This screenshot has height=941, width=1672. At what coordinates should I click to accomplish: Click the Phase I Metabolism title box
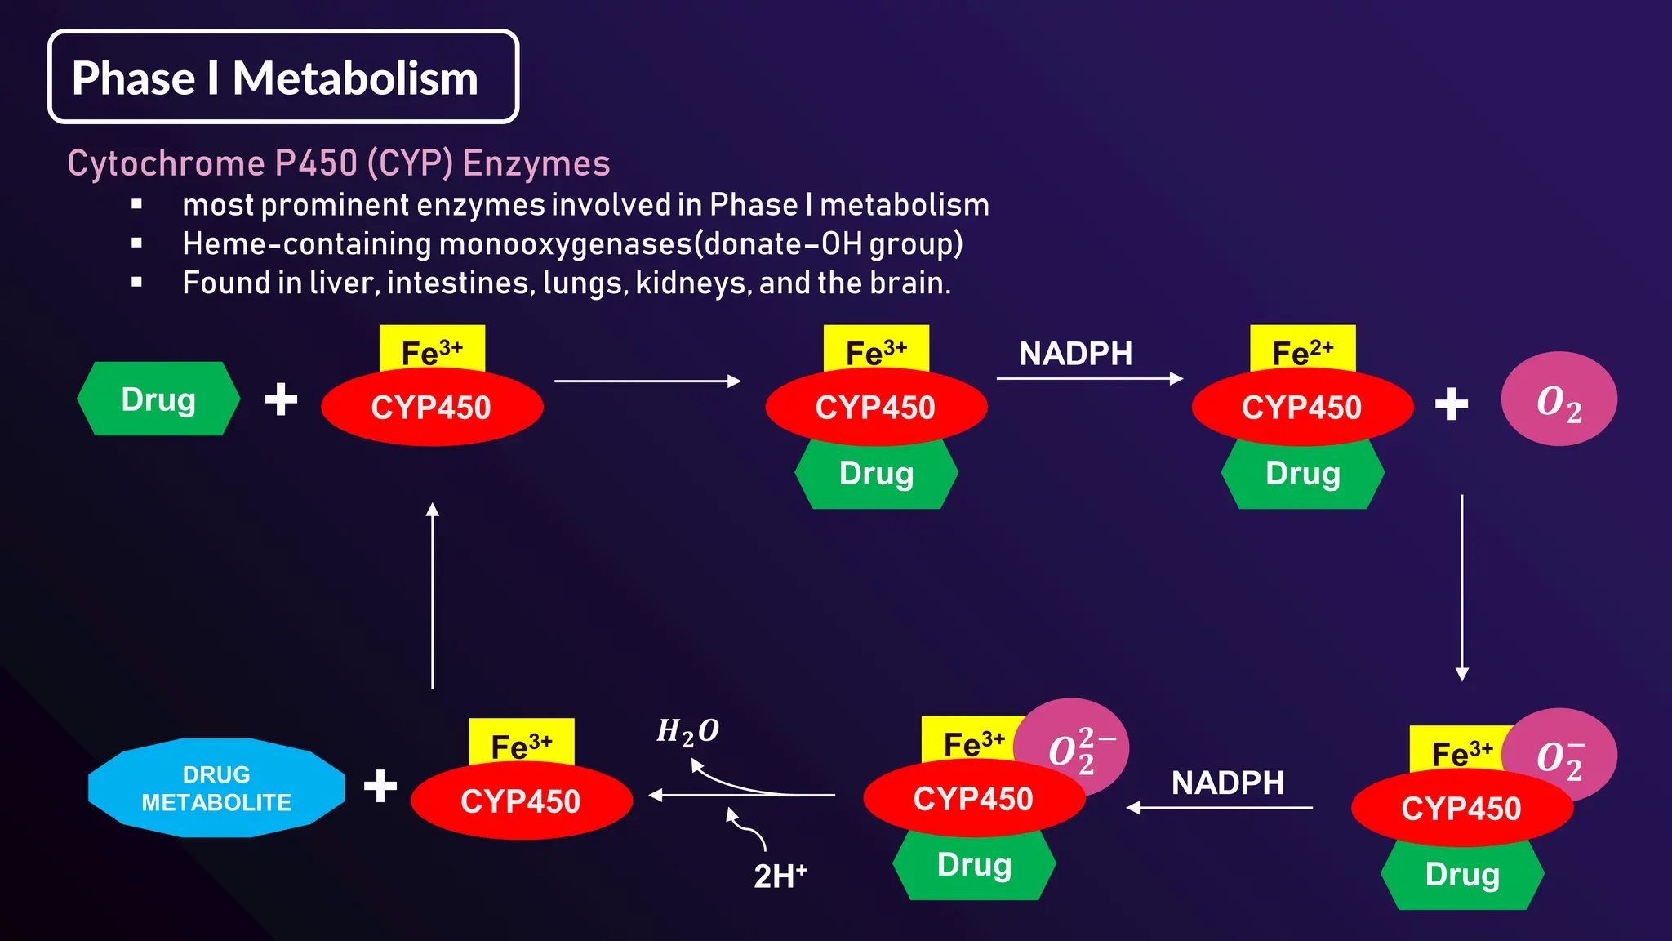click(282, 78)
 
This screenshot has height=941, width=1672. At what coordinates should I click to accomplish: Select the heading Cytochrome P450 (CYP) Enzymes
click(339, 163)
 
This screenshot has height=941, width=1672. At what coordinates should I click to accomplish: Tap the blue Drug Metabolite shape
click(216, 788)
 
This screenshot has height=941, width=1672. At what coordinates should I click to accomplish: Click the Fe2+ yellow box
click(1302, 350)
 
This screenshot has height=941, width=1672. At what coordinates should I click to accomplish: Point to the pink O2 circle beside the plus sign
click(1559, 399)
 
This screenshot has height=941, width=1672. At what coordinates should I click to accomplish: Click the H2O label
click(687, 731)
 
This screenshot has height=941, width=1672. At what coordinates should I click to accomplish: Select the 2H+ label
click(780, 876)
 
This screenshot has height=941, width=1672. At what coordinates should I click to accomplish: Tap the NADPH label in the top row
click(1076, 354)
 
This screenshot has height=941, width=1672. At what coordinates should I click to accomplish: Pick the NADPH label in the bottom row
click(1228, 783)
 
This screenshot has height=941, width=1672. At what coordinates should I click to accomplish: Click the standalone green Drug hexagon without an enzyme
click(158, 399)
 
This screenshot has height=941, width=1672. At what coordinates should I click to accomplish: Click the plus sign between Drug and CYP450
click(281, 399)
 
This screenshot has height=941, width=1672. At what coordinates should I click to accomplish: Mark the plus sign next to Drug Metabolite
click(380, 786)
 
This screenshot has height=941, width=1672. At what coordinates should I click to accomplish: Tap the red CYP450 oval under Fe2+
click(1302, 407)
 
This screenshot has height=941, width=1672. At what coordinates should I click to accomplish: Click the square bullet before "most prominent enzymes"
click(136, 204)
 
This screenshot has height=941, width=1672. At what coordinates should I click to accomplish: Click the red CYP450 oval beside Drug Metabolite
click(521, 801)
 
